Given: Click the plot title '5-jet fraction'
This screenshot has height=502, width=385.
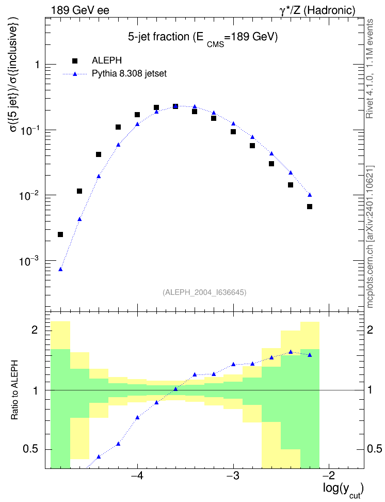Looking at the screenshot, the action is click(x=158, y=37).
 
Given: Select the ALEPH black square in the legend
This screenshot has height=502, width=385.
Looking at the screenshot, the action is click(x=75, y=61).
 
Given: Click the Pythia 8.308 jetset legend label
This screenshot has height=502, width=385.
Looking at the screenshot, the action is click(x=130, y=74).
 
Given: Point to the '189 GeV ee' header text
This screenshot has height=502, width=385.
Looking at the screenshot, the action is click(x=80, y=10).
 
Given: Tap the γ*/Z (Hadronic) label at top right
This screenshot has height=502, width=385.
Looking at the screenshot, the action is click(x=317, y=10).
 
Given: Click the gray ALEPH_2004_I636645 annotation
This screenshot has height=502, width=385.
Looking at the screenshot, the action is click(x=204, y=292).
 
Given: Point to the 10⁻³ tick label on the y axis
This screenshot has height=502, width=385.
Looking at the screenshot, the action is click(x=29, y=261).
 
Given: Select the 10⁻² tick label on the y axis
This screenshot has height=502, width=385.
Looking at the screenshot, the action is click(x=29, y=195).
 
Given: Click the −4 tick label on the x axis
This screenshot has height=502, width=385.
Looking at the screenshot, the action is click(x=137, y=476).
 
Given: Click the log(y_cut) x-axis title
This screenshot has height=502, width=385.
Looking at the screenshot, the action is click(x=343, y=490).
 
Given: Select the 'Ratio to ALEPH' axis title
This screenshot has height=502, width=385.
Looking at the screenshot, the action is click(x=14, y=390).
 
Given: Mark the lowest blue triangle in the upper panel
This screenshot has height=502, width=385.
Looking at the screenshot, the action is click(x=60, y=269).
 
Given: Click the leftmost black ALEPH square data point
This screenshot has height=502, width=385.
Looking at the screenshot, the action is click(x=60, y=234).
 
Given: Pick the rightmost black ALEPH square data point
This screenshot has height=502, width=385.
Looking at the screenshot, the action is click(x=310, y=207).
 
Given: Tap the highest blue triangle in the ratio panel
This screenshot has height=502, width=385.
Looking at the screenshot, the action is click(x=291, y=352).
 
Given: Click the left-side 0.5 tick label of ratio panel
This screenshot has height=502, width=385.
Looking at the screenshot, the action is click(x=30, y=449).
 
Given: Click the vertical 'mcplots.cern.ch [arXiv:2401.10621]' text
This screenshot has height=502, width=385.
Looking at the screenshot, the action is click(x=370, y=237).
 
